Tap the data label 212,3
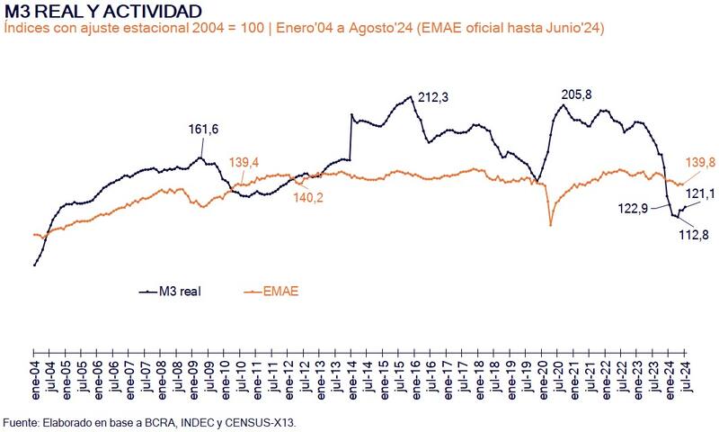(x=432, y=97)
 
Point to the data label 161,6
(x=204, y=130)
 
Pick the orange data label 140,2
(x=308, y=198)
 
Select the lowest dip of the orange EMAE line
(x=550, y=223)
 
